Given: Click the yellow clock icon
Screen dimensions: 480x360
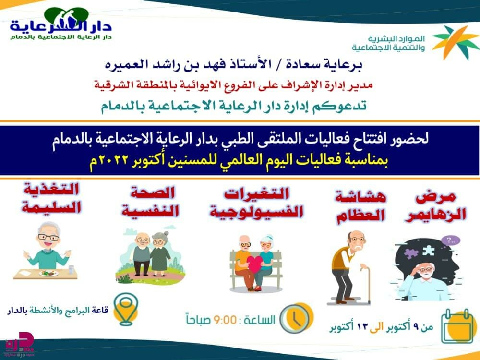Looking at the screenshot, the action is click(x=296, y=318).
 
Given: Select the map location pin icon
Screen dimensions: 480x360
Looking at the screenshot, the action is click(x=125, y=309).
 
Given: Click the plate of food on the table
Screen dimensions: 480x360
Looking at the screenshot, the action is click(x=48, y=273).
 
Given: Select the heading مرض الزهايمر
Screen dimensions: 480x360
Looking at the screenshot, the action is click(x=435, y=206).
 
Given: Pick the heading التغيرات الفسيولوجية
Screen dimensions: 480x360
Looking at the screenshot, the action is click(x=256, y=203).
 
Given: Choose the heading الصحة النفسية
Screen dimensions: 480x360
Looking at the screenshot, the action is click(x=150, y=202).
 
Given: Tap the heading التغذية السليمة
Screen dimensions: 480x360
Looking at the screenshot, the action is click(x=51, y=198).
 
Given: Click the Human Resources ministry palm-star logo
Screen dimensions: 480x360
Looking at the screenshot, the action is click(x=455, y=42).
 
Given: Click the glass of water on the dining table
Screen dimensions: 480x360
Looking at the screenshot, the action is click(x=72, y=269).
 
